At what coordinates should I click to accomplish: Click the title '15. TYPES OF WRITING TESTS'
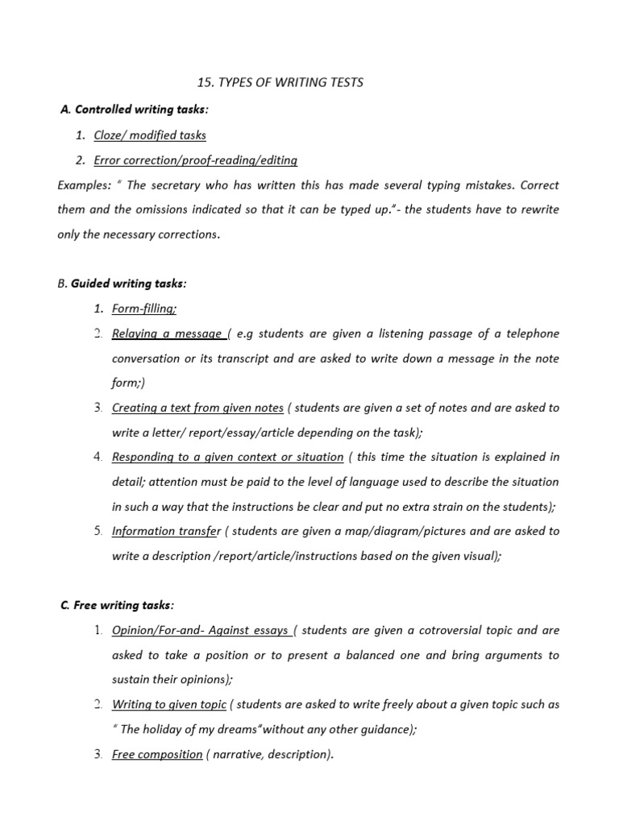click(x=280, y=82)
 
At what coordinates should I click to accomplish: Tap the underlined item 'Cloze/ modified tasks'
click(x=150, y=135)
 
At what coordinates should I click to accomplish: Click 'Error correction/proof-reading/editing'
click(x=196, y=160)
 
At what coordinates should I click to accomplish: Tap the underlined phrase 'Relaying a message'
click(x=168, y=334)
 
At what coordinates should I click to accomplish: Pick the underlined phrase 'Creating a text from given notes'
click(x=198, y=408)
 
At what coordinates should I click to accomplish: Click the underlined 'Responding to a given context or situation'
click(x=228, y=457)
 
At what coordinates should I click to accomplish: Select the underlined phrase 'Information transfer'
click(x=166, y=531)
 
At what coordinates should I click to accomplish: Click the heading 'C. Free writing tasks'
click(x=117, y=605)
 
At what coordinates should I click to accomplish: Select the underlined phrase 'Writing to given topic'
click(x=169, y=704)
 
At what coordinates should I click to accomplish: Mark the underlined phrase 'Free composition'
click(x=157, y=754)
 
